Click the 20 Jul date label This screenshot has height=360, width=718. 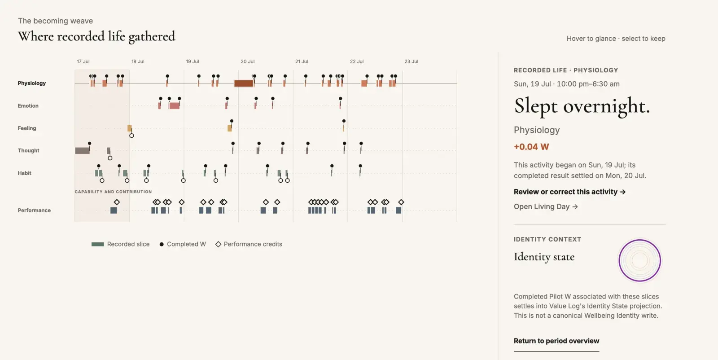247,61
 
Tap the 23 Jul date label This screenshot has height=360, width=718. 411,61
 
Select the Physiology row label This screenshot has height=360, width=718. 32,83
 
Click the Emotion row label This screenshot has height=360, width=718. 28,105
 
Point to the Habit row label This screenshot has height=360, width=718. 24,173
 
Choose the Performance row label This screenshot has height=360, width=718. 34,210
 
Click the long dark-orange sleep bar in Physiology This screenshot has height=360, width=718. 244,83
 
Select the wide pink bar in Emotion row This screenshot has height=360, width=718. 175,106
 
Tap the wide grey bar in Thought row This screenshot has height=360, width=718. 83,151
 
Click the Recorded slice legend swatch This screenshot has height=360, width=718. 98,244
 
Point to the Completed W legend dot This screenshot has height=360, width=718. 162,244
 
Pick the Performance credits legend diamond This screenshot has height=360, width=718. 218,244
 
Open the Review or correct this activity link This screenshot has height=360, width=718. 569,192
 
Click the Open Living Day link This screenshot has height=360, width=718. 546,206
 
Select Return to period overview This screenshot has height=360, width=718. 556,341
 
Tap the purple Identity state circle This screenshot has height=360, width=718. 640,240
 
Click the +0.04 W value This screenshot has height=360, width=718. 531,147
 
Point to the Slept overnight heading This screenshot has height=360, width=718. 582,106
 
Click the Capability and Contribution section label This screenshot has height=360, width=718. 113,192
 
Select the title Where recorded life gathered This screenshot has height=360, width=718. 96,36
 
